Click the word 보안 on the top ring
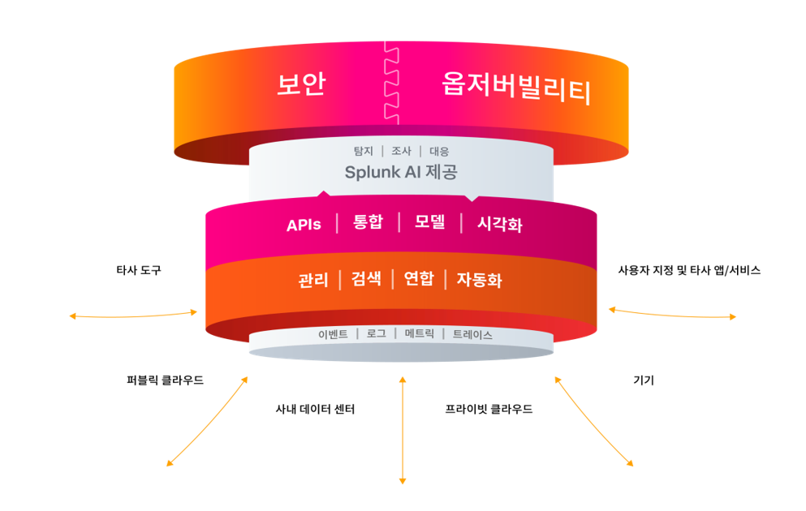pyautogui.click(x=301, y=84)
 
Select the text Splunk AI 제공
pyautogui.click(x=401, y=172)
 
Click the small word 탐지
pyautogui.click(x=363, y=151)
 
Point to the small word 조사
pyautogui.click(x=401, y=151)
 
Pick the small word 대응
pyautogui.click(x=439, y=151)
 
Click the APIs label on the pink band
pyautogui.click(x=304, y=225)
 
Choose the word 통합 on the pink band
pyautogui.click(x=368, y=222)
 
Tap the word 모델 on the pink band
pyautogui.click(x=429, y=222)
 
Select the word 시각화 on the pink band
pyautogui.click(x=499, y=225)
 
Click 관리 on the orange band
pyautogui.click(x=313, y=281)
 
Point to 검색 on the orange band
pyautogui.click(x=366, y=279)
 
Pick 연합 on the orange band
pyautogui.click(x=419, y=279)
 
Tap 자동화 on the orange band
pyautogui.click(x=479, y=281)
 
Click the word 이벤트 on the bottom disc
pyautogui.click(x=333, y=334)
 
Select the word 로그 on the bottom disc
pyautogui.click(x=376, y=333)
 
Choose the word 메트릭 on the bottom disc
pyautogui.click(x=420, y=333)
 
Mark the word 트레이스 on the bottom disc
pyautogui.click(x=472, y=334)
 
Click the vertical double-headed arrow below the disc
pyautogui.click(x=403, y=430)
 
